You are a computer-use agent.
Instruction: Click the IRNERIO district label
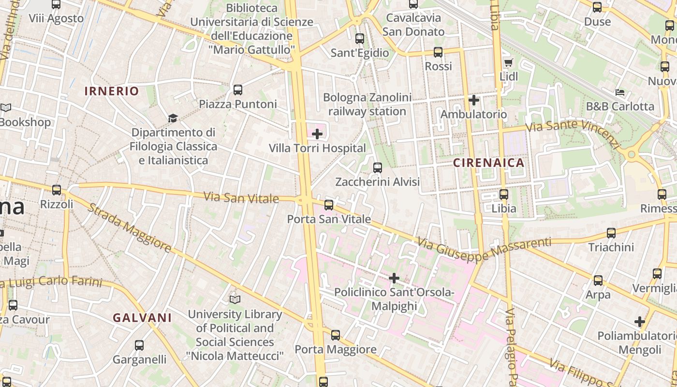[x=112, y=91]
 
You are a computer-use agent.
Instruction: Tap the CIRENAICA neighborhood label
[x=489, y=163]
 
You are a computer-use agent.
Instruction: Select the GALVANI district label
[x=142, y=318]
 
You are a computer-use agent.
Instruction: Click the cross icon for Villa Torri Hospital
[x=317, y=134]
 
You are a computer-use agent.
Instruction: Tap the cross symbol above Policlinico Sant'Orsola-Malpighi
[x=394, y=278]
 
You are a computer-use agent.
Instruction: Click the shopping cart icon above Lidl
[x=508, y=62]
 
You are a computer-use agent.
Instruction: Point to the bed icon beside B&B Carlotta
[x=620, y=92]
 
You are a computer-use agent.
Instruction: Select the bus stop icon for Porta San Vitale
[x=329, y=205]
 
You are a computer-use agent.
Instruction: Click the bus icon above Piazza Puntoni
[x=237, y=89]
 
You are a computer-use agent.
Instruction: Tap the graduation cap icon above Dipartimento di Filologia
[x=173, y=118]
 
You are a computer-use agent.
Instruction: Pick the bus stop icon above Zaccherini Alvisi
[x=378, y=168]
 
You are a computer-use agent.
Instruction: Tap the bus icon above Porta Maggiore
[x=335, y=335]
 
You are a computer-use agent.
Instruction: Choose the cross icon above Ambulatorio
[x=474, y=100]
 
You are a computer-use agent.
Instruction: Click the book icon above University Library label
[x=235, y=300]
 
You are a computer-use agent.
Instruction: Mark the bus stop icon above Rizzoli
[x=57, y=190]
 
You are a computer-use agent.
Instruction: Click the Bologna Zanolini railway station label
[x=368, y=104]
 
